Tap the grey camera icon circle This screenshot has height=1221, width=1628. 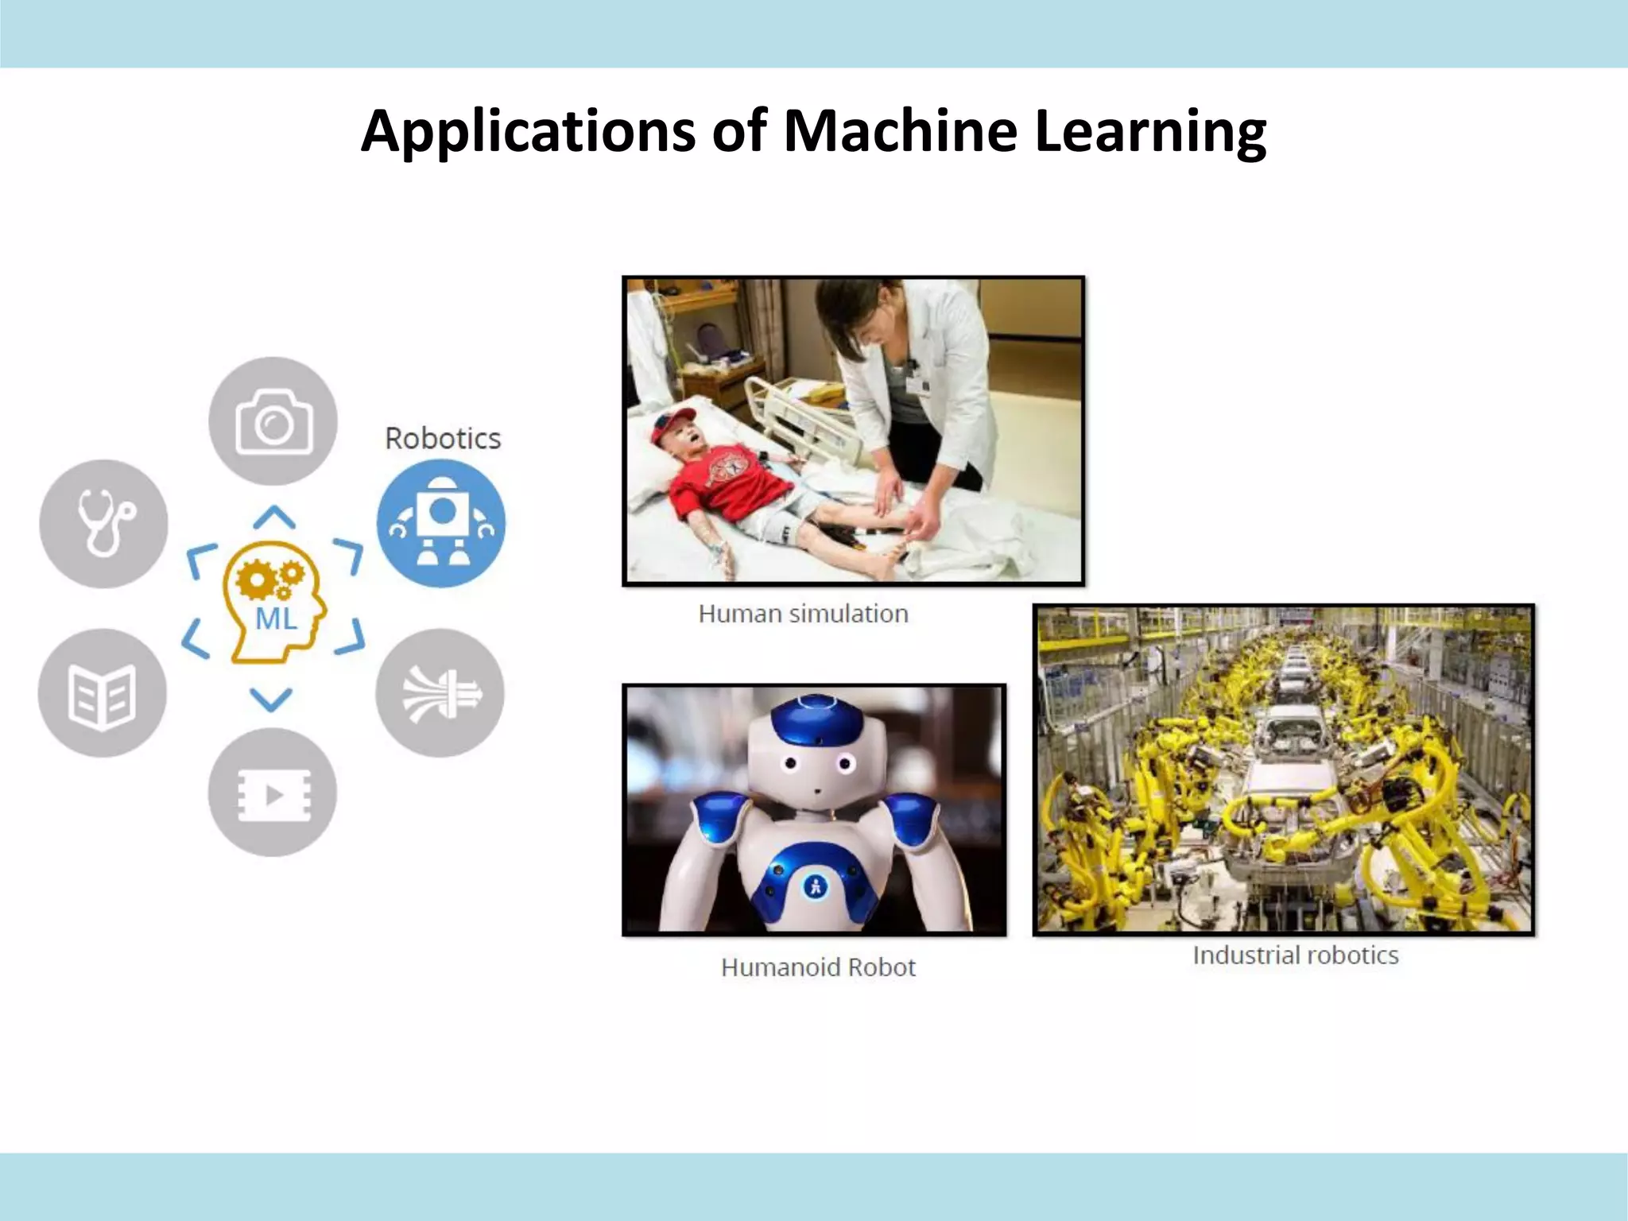(x=273, y=421)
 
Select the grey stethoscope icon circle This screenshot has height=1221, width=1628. (x=103, y=523)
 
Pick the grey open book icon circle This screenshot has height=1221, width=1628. (x=102, y=692)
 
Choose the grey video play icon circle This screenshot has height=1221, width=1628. (x=272, y=793)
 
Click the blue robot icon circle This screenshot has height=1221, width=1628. (x=441, y=523)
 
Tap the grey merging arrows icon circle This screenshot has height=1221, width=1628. (x=440, y=692)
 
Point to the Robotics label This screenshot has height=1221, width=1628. (x=443, y=439)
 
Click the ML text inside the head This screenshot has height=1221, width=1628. (x=276, y=618)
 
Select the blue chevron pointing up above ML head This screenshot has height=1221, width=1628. (x=274, y=517)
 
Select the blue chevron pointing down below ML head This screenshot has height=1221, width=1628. (x=271, y=699)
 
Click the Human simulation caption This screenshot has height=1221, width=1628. (x=803, y=614)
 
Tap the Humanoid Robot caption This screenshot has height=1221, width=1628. (x=818, y=967)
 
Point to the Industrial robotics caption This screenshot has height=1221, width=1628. (x=1295, y=955)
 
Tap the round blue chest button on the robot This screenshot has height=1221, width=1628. (x=815, y=886)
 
